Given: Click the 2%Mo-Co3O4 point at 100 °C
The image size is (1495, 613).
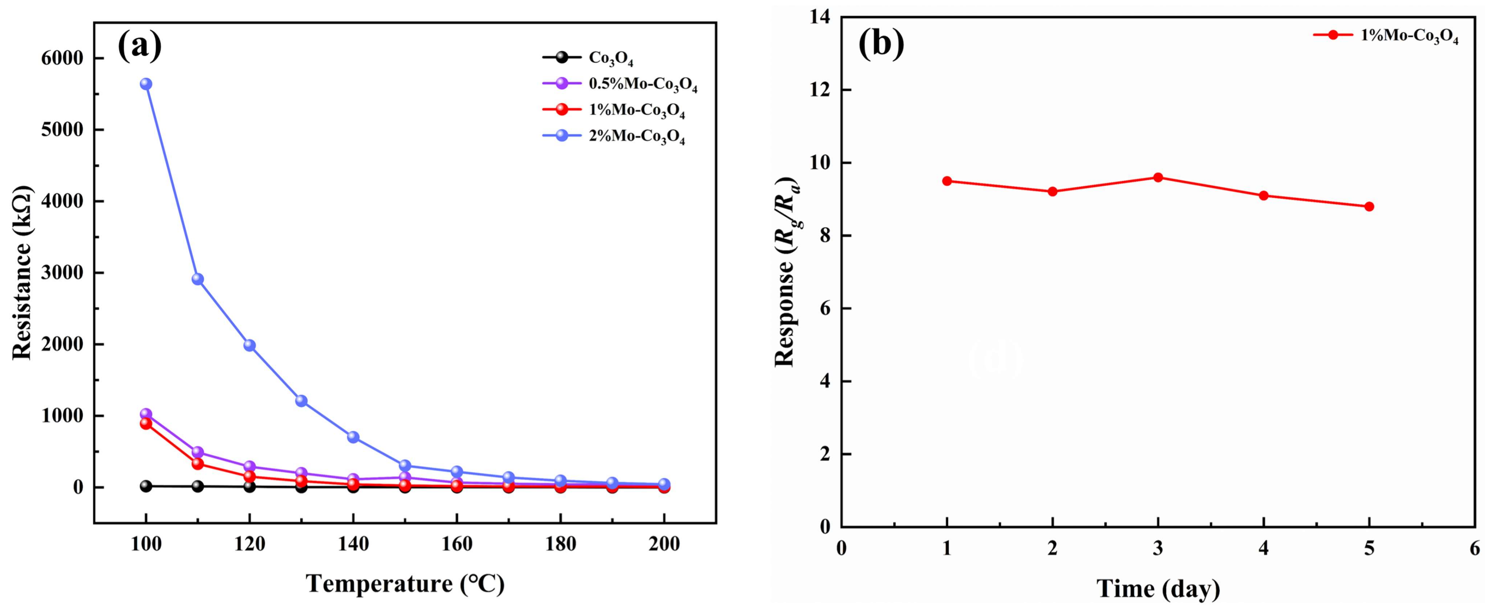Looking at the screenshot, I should coord(146,84).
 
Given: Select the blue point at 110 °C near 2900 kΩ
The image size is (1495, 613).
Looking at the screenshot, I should coord(197,279).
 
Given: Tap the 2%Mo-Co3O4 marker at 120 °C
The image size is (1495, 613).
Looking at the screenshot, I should coord(250,345).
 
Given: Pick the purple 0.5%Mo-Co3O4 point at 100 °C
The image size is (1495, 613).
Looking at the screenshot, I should coord(146,414).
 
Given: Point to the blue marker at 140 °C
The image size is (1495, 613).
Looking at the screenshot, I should coord(353,437).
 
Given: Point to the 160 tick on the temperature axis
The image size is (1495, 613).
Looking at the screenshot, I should coord(457,544).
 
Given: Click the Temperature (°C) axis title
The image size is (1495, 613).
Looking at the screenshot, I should coord(405,583).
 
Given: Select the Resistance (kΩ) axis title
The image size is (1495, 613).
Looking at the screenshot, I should coord(22,273).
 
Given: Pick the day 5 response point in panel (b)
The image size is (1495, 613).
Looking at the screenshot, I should coord(1369,206).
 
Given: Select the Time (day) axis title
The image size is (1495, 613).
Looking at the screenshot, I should coord(1158,589).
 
